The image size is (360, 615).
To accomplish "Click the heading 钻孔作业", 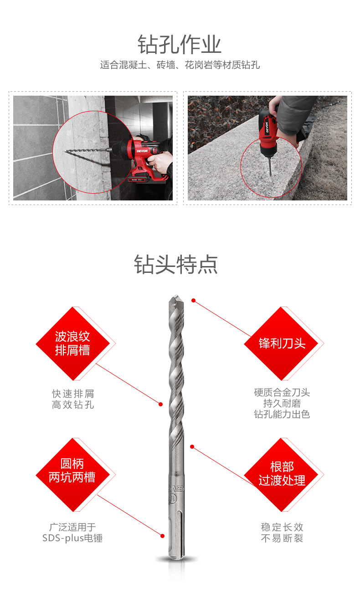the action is point(179,45).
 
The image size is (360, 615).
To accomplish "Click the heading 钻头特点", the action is point(176,264).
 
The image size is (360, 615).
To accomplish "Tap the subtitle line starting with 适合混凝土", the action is point(180,65).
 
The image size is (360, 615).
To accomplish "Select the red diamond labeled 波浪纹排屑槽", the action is point(73,343).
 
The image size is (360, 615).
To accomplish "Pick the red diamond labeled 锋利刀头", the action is point(281,343).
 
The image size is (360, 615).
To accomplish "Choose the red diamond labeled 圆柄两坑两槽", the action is point(73,474).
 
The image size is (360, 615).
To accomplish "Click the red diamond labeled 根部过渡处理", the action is point(281,474).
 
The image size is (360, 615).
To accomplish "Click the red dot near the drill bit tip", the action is point(194,301).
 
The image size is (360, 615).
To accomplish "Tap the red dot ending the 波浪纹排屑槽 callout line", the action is point(161,404).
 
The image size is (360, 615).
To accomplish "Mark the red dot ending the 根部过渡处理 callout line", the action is point(192,447).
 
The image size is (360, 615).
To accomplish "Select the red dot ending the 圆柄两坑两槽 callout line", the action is point(162,536).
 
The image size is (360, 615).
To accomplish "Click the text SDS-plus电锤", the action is point(72,538).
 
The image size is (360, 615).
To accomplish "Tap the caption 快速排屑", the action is point(73,394).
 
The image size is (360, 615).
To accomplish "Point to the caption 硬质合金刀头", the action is point(282,392).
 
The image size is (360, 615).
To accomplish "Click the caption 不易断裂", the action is point(282,538).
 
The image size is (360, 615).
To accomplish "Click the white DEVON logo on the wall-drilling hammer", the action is point(142,151).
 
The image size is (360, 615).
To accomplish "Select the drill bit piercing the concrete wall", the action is point(88,150).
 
